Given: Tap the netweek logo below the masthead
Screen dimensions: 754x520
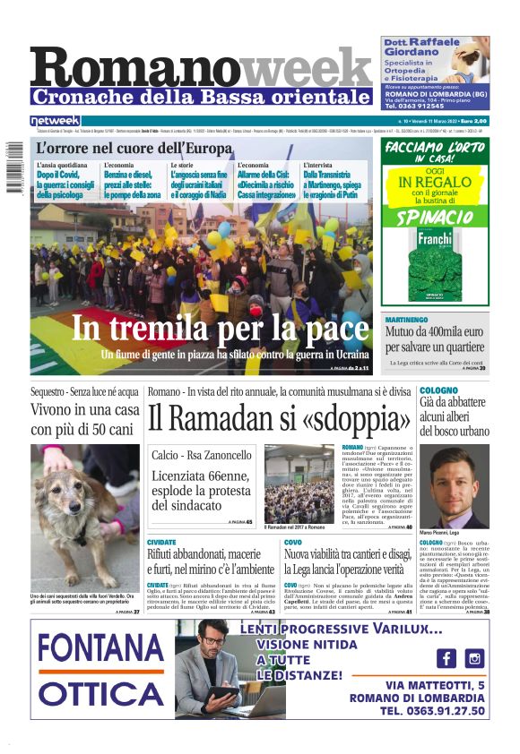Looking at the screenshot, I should click(x=55, y=121).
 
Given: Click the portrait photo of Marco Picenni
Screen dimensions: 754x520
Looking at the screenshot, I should click(x=455, y=487).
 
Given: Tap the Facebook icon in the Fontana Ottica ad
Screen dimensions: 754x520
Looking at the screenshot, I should click(x=446, y=658).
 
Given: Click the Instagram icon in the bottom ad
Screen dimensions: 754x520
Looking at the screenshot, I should click(x=474, y=658).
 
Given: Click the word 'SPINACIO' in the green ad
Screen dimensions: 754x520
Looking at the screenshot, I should click(x=436, y=218).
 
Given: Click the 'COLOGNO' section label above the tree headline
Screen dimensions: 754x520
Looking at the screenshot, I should click(x=438, y=390).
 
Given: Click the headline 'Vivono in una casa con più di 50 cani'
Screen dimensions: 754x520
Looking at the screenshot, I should click(x=85, y=420).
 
